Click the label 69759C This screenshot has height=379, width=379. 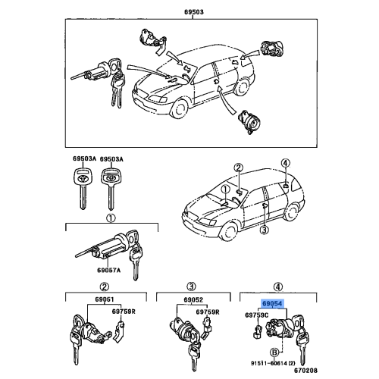[255, 314]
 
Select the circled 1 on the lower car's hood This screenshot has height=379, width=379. [225, 188]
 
